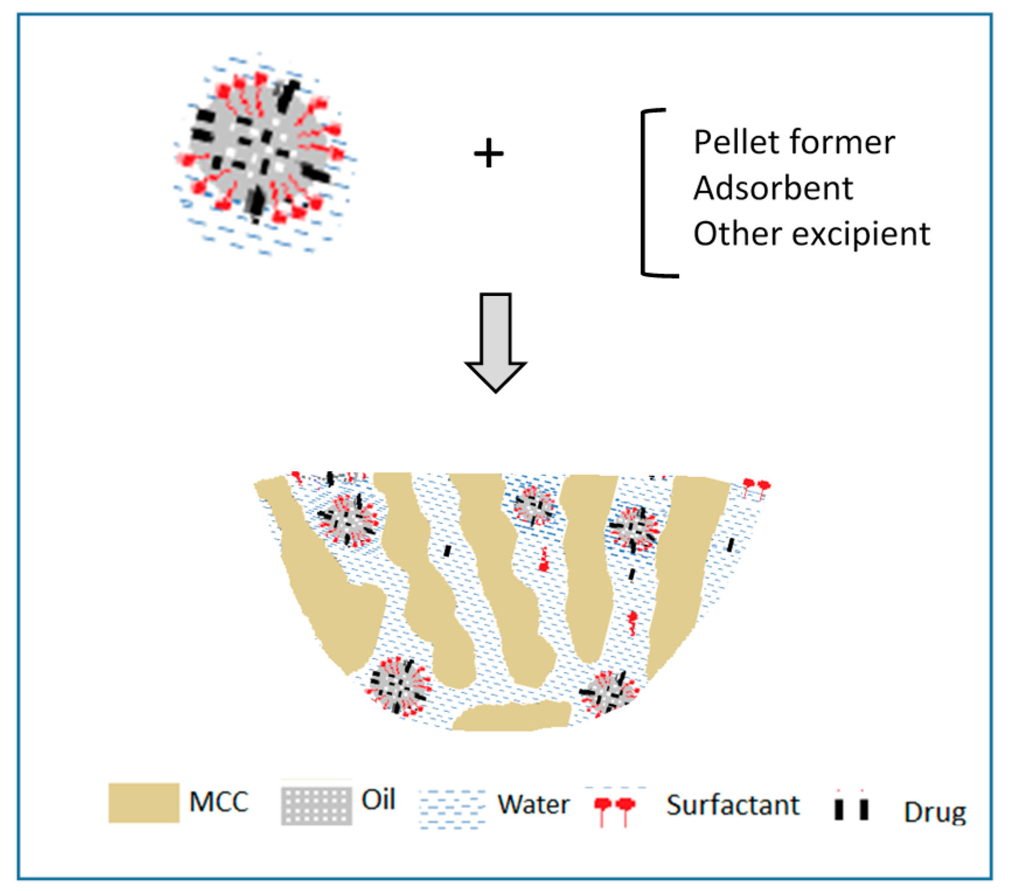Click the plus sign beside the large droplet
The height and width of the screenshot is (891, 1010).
[x=488, y=154]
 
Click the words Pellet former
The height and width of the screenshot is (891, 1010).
[x=793, y=142]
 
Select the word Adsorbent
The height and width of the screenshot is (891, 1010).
[x=773, y=188]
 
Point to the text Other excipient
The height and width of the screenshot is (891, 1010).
[x=811, y=234]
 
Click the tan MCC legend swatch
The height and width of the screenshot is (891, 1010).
[x=144, y=803]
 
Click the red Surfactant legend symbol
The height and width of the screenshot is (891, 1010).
[x=614, y=809]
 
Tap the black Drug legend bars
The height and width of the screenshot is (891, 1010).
[x=851, y=808]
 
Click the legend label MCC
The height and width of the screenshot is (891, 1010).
[x=219, y=802]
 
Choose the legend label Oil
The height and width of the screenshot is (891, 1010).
[x=378, y=799]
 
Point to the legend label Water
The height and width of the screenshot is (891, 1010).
[x=533, y=805]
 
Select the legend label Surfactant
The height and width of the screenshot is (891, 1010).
[x=733, y=805]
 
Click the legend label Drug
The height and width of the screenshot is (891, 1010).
[x=935, y=812]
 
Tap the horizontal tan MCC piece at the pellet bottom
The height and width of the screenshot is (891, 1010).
[x=512, y=716]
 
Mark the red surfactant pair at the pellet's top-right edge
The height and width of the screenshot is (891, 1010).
[x=756, y=486]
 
